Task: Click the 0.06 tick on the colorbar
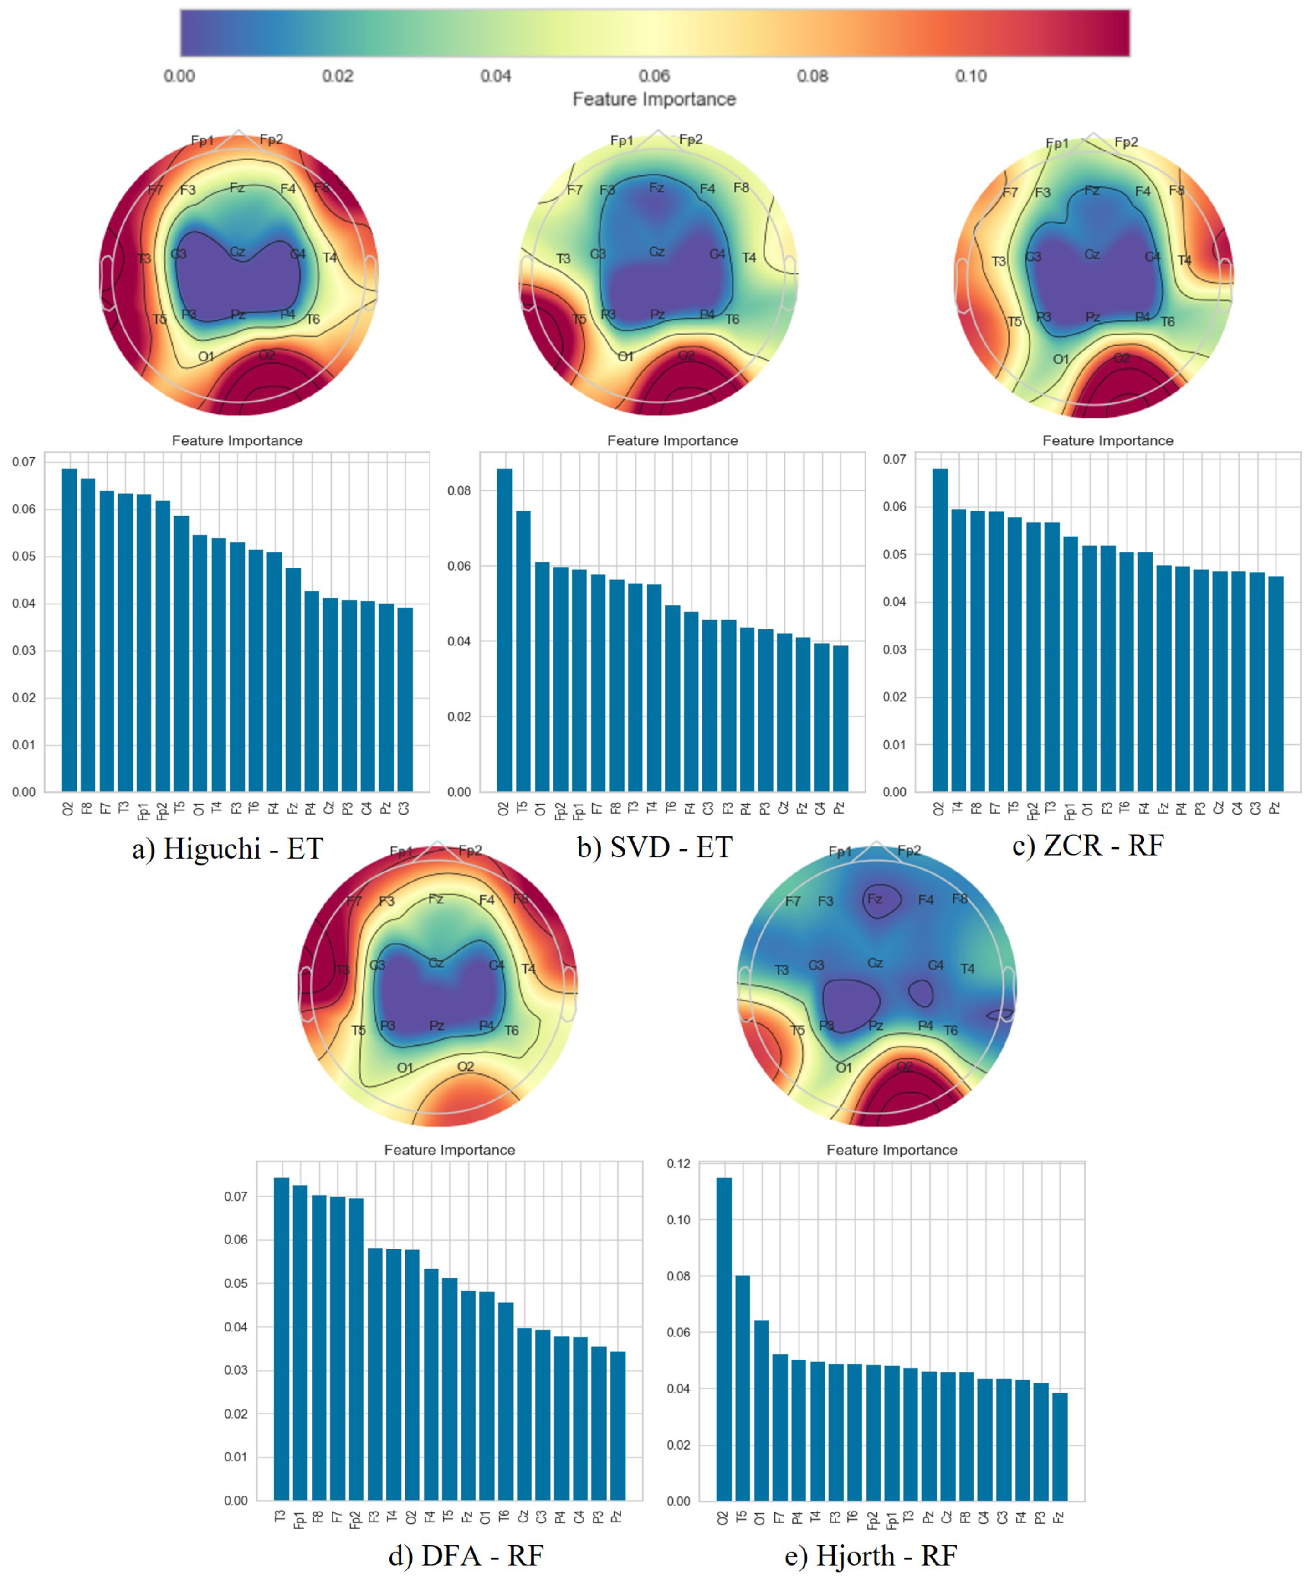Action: coord(654,75)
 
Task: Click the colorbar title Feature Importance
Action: coord(654,99)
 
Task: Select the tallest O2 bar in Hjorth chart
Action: coord(723,1339)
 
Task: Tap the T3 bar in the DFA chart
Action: coord(281,1339)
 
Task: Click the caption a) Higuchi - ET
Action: coord(227,849)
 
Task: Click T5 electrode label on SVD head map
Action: coord(579,319)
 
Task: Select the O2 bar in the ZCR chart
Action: coord(939,630)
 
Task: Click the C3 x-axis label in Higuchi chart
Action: coord(404,808)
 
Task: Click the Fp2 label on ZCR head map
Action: coord(1125,142)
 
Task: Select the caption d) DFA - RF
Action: coord(465,1555)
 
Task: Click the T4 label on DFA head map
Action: coord(528,969)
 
